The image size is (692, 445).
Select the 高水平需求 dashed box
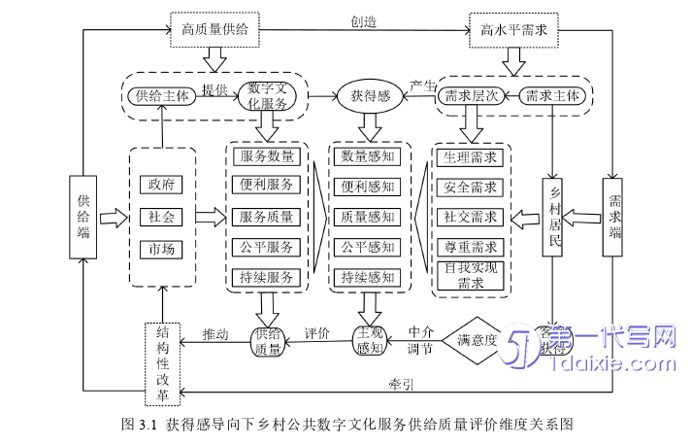click(x=513, y=30)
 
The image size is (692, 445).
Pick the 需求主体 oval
click(x=554, y=95)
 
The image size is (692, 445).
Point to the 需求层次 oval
click(x=471, y=95)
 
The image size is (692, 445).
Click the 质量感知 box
click(x=368, y=217)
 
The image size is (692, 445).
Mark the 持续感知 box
click(x=368, y=278)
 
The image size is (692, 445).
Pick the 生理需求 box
click(x=471, y=156)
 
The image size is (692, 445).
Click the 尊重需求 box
click(x=471, y=247)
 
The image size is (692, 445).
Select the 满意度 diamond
click(x=477, y=340)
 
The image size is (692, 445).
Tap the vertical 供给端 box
click(x=84, y=216)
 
